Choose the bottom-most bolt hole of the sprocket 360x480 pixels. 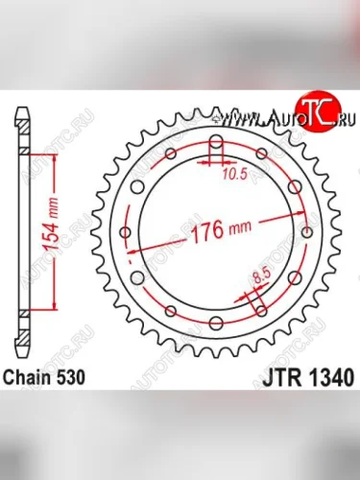coord(216,322)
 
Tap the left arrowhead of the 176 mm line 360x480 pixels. coord(132,252)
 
